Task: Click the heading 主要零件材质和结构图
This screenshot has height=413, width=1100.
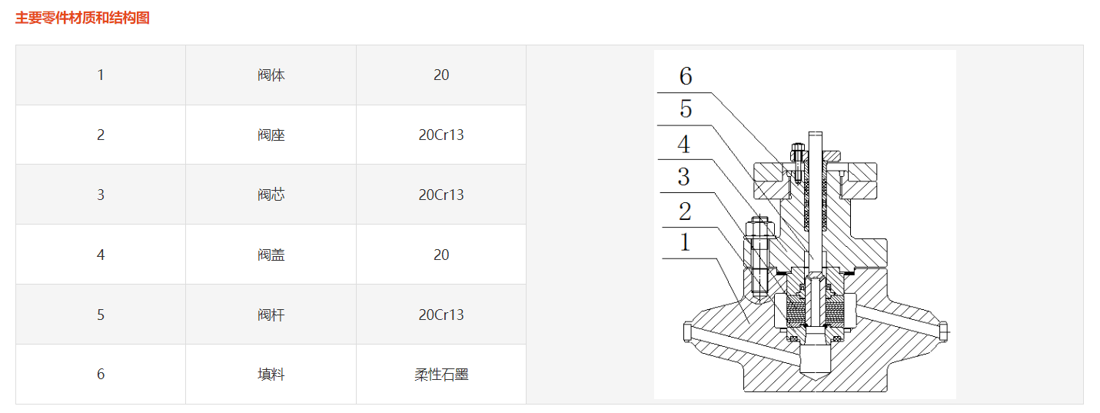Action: pos(82,18)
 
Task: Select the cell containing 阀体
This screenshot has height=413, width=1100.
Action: pos(271,75)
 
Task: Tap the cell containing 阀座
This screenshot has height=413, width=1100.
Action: pos(271,135)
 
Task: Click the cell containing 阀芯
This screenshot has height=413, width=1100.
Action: pos(271,195)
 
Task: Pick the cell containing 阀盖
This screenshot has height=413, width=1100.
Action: pos(271,255)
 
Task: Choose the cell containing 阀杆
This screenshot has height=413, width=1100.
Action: pos(271,315)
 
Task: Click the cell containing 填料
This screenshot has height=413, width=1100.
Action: pos(271,375)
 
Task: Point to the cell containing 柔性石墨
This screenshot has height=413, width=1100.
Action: pos(441,375)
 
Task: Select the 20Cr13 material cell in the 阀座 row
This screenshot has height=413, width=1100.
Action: pos(441,135)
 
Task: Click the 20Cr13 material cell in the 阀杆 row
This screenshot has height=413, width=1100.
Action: pos(441,315)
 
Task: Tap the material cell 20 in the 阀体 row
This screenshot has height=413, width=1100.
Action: pos(441,75)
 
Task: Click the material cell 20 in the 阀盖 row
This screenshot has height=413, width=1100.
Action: pos(441,255)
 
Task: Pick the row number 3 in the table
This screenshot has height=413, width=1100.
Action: pos(101,195)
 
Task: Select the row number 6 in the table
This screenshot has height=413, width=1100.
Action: pos(101,375)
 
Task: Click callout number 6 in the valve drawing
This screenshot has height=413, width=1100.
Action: pos(685,76)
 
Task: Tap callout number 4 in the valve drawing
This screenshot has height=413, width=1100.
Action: pos(683,144)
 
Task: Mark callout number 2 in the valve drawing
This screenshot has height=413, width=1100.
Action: pos(684,211)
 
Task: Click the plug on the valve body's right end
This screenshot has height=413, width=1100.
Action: pos(943,330)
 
